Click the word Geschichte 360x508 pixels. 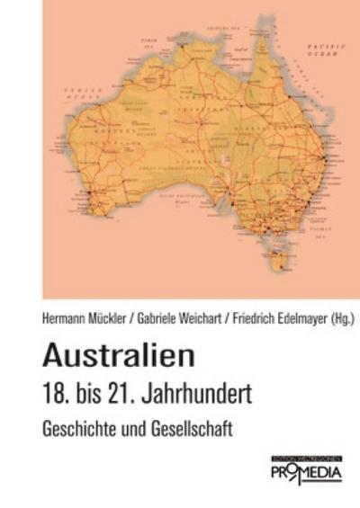pyautogui.click(x=80, y=429)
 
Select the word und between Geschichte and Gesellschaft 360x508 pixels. pyautogui.click(x=135, y=429)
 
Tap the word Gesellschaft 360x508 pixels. pyautogui.click(x=192, y=429)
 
